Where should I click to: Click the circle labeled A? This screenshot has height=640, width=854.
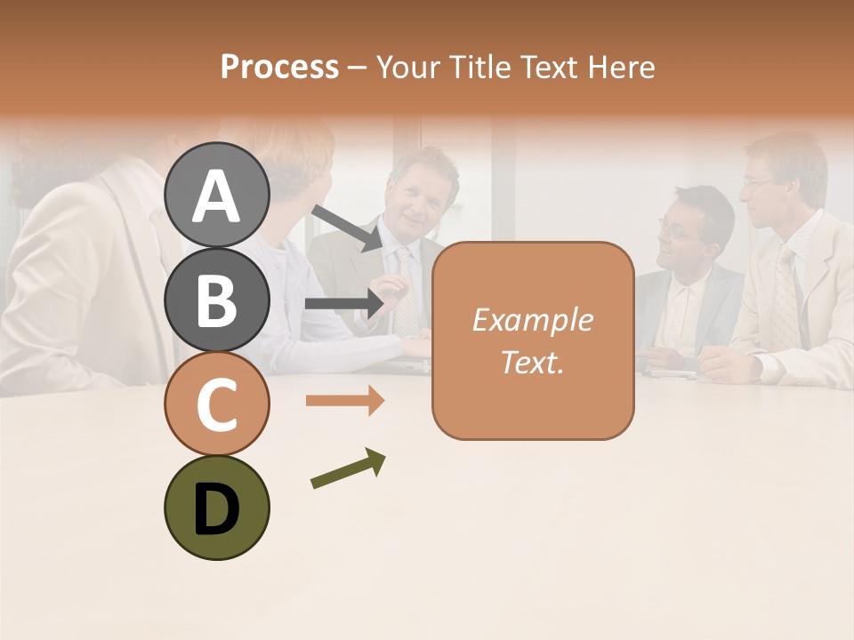tap(217, 196)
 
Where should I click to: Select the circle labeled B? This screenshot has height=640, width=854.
tap(217, 300)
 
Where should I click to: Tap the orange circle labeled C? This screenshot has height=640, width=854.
tap(217, 404)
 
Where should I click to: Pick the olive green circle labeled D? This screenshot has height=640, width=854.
tap(217, 508)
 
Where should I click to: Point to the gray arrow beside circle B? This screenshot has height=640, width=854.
tap(344, 304)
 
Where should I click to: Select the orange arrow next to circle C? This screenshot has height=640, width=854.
tap(345, 401)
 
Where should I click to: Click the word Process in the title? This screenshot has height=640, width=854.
tap(279, 67)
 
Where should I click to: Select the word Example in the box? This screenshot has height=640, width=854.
tap(532, 320)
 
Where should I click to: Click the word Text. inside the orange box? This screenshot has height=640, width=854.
tap(532, 362)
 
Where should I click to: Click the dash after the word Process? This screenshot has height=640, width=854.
tap(357, 68)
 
